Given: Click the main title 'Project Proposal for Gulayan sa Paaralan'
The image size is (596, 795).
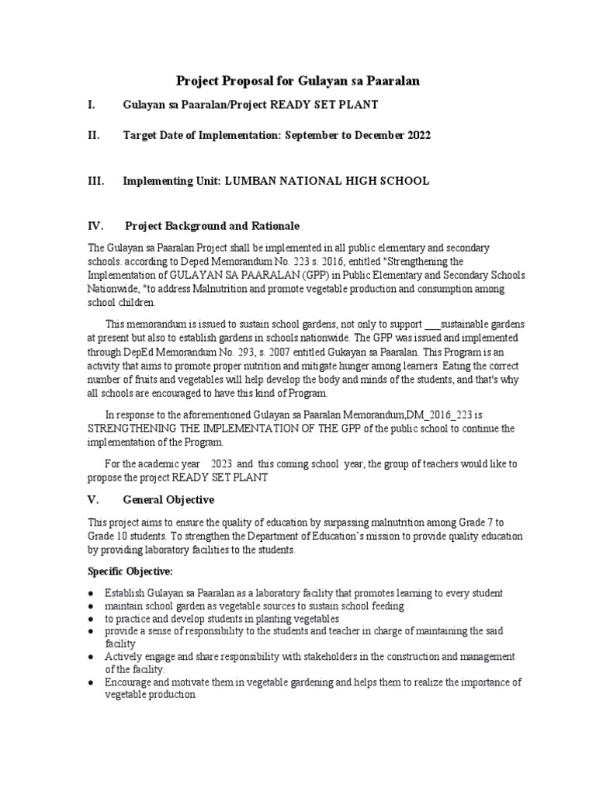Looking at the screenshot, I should pyautogui.click(x=297, y=80).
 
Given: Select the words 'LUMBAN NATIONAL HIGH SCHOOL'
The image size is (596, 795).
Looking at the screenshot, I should pyautogui.click(x=327, y=181).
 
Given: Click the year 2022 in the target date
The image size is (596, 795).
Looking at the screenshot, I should pyautogui.click(x=414, y=135).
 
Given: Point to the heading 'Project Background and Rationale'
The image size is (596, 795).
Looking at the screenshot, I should pyautogui.click(x=212, y=226).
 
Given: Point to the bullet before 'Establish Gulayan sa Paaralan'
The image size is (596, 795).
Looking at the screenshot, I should pyautogui.click(x=92, y=593).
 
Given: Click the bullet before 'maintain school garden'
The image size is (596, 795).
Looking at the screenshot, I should pyautogui.click(x=92, y=606).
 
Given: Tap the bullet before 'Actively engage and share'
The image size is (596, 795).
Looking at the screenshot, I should pyautogui.click(x=92, y=657).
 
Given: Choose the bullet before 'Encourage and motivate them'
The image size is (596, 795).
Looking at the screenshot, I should pyautogui.click(x=92, y=682).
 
